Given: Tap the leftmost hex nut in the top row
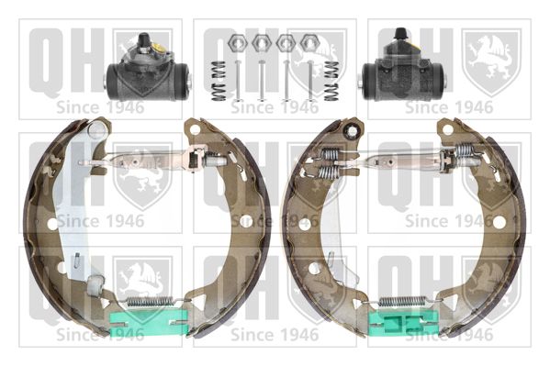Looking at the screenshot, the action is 238,42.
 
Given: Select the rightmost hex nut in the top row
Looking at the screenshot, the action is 309,43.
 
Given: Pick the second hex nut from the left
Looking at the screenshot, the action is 262,42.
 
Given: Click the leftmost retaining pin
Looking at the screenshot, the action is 238,81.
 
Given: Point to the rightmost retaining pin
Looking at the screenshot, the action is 310,81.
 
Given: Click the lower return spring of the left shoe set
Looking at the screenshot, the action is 150,301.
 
